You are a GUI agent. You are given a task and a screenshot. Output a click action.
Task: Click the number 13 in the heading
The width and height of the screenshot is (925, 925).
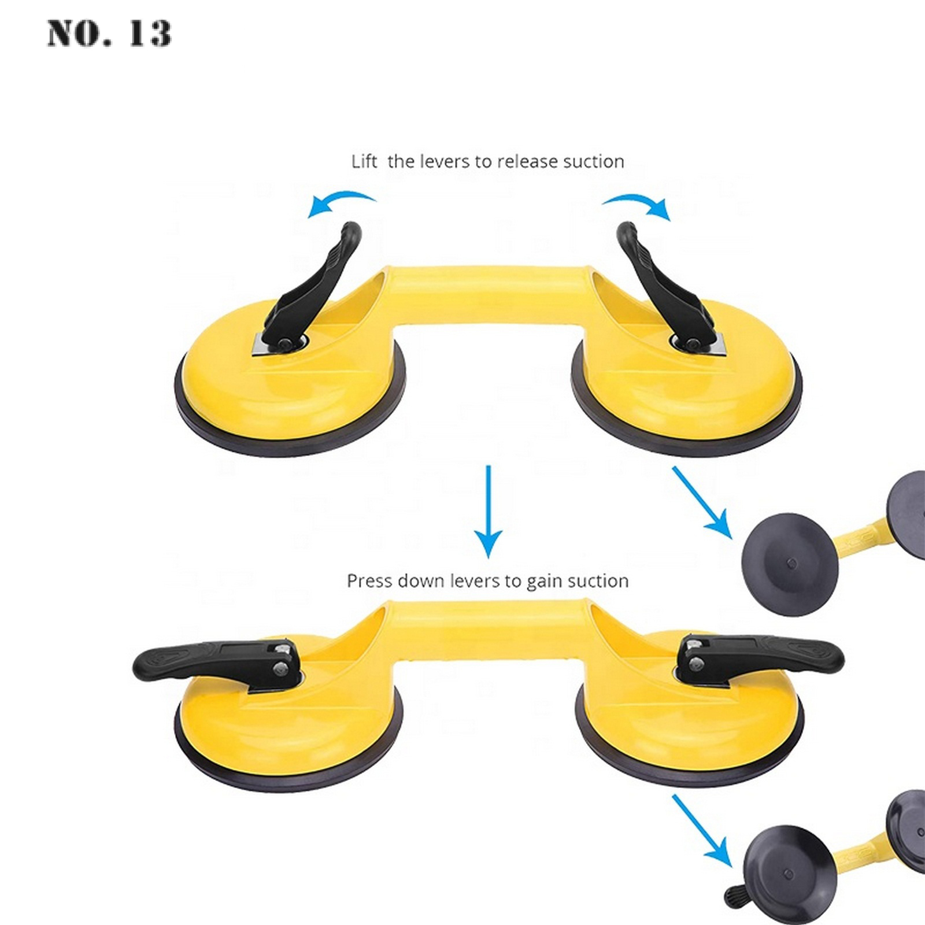150,33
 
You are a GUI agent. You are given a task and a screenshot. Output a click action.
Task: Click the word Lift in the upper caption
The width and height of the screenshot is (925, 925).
364,161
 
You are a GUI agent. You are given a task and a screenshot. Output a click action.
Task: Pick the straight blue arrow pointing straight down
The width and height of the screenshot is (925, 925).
489,511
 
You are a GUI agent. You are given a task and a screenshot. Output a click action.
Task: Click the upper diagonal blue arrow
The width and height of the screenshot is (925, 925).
702,502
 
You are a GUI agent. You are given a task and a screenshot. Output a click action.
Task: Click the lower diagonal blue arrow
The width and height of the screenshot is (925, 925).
702,831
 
